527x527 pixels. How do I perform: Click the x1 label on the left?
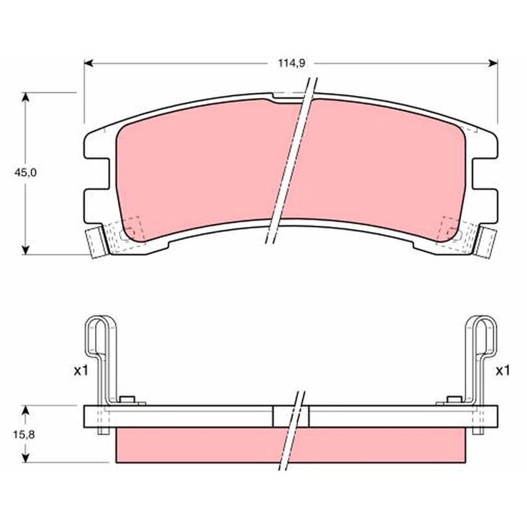[x=81, y=371]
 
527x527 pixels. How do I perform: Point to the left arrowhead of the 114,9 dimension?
[x=89, y=64]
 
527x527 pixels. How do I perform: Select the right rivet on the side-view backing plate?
[x=452, y=400]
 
